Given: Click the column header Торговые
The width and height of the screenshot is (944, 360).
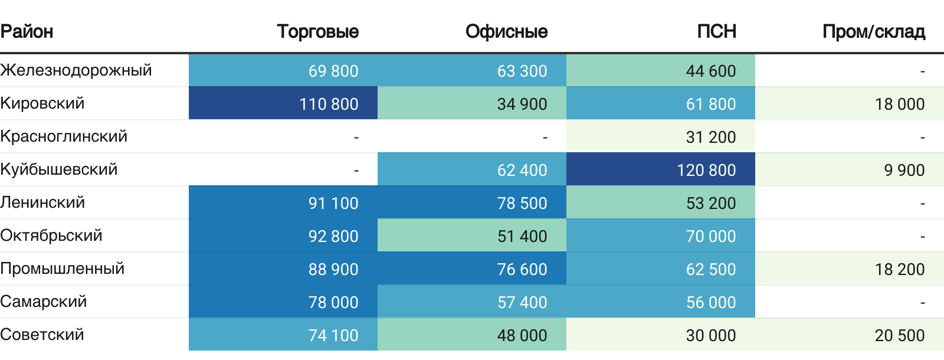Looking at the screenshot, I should [318, 31].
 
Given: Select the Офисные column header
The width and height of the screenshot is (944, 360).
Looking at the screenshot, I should [506, 31].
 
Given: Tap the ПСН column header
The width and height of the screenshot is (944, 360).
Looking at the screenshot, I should [716, 31].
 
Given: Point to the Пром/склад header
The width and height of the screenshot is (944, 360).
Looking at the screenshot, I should [873, 31].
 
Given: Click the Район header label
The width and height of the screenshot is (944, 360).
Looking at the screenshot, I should [27, 31].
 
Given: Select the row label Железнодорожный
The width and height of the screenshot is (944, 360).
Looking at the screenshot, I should [76, 70].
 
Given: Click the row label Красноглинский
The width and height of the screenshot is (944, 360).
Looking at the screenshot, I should [64, 136].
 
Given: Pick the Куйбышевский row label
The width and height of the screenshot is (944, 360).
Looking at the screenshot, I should [59, 169].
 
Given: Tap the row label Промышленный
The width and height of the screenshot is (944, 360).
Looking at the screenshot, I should [63, 269].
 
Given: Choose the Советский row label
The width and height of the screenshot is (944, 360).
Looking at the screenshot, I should [42, 335].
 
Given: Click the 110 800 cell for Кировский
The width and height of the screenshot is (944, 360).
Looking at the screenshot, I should [329, 104].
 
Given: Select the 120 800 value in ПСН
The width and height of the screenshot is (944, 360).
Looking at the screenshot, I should [706, 170].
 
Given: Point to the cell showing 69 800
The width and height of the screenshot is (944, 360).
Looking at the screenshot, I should [333, 71].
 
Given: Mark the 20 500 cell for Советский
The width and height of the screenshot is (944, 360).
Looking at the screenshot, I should [900, 335].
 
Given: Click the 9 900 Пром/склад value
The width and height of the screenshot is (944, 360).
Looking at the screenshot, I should [904, 170].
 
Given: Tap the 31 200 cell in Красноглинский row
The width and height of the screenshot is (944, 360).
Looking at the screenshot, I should [711, 137].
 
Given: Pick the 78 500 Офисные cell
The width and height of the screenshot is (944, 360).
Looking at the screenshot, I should [522, 203].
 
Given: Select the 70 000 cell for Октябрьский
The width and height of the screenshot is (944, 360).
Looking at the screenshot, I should [711, 236].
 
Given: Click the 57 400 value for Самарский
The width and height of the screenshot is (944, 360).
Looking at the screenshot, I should [522, 302].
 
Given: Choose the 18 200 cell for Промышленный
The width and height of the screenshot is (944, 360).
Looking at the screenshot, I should [900, 269].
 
